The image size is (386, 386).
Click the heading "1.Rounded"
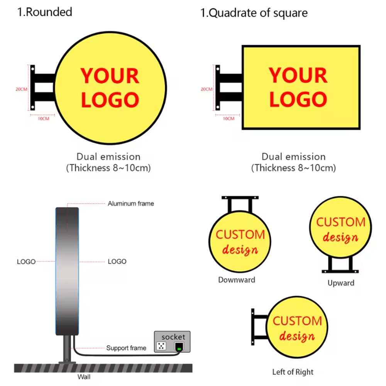(44, 12)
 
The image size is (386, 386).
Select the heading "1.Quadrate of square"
(254, 13)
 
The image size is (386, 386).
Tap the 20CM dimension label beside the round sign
(21, 89)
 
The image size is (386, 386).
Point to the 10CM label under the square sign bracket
(229, 119)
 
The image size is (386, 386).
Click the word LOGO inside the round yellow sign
(110, 100)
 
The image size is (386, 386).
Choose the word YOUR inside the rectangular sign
(298, 75)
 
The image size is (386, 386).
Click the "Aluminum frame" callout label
(131, 203)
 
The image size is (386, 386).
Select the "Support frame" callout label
(126, 348)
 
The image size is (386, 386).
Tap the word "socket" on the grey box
(173, 337)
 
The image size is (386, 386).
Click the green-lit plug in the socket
(179, 347)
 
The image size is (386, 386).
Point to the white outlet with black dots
(161, 346)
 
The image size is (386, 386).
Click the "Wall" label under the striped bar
(84, 377)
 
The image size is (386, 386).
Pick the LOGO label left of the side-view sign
(26, 262)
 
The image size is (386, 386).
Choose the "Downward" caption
(237, 280)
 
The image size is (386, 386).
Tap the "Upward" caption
(341, 283)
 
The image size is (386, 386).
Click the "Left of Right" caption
(293, 372)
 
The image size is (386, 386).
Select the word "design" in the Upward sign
(340, 237)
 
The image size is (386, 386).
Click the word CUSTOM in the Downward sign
(240, 234)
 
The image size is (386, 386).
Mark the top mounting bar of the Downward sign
(240, 197)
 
